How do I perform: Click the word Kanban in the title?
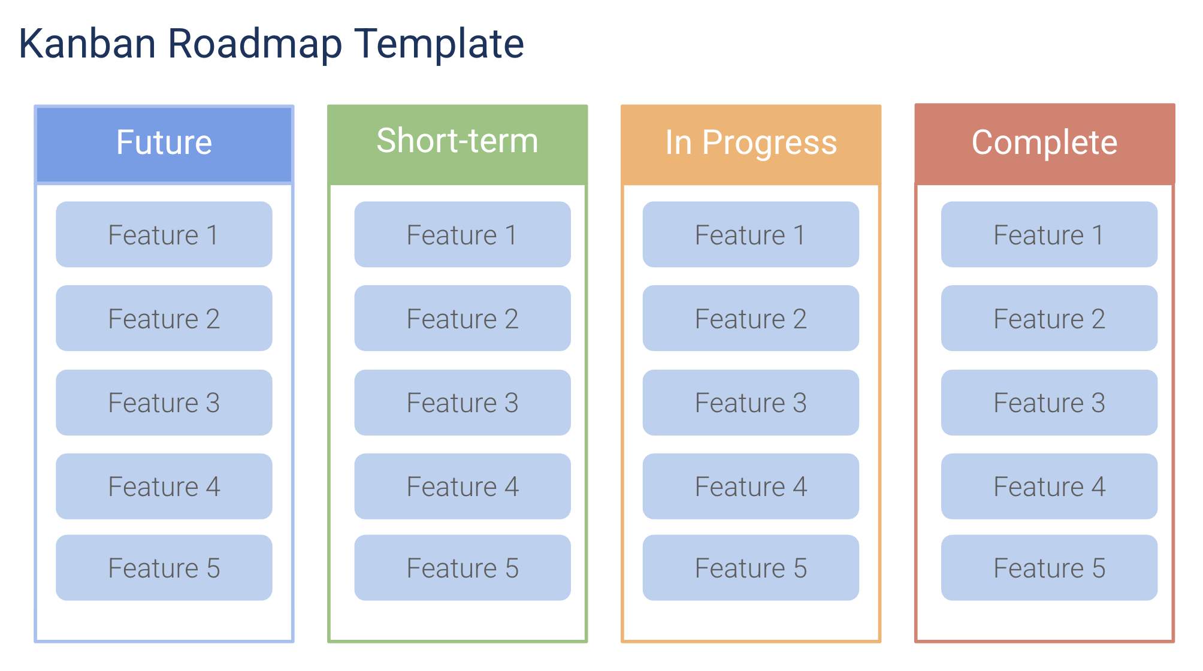pos(87,44)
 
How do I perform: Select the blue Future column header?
pos(164,143)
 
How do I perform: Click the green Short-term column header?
pos(457,142)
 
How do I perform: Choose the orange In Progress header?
pos(751,143)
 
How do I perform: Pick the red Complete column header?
pos(1044,143)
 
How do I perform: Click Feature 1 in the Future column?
pos(164,234)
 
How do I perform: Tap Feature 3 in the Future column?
pos(164,402)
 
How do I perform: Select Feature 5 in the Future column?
pos(164,567)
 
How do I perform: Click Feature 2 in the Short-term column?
pos(462,318)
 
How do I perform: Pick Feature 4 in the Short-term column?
pos(462,486)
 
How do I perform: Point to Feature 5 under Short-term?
pos(462,567)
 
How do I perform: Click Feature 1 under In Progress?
pos(750,234)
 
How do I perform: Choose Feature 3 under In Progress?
pos(750,402)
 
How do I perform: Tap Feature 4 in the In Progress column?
pos(750,486)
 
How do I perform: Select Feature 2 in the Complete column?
pos(1048,318)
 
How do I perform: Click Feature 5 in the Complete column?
pos(1048,567)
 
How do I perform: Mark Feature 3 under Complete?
pos(1048,402)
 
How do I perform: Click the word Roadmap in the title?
pos(255,44)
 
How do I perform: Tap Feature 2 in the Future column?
pos(164,318)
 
